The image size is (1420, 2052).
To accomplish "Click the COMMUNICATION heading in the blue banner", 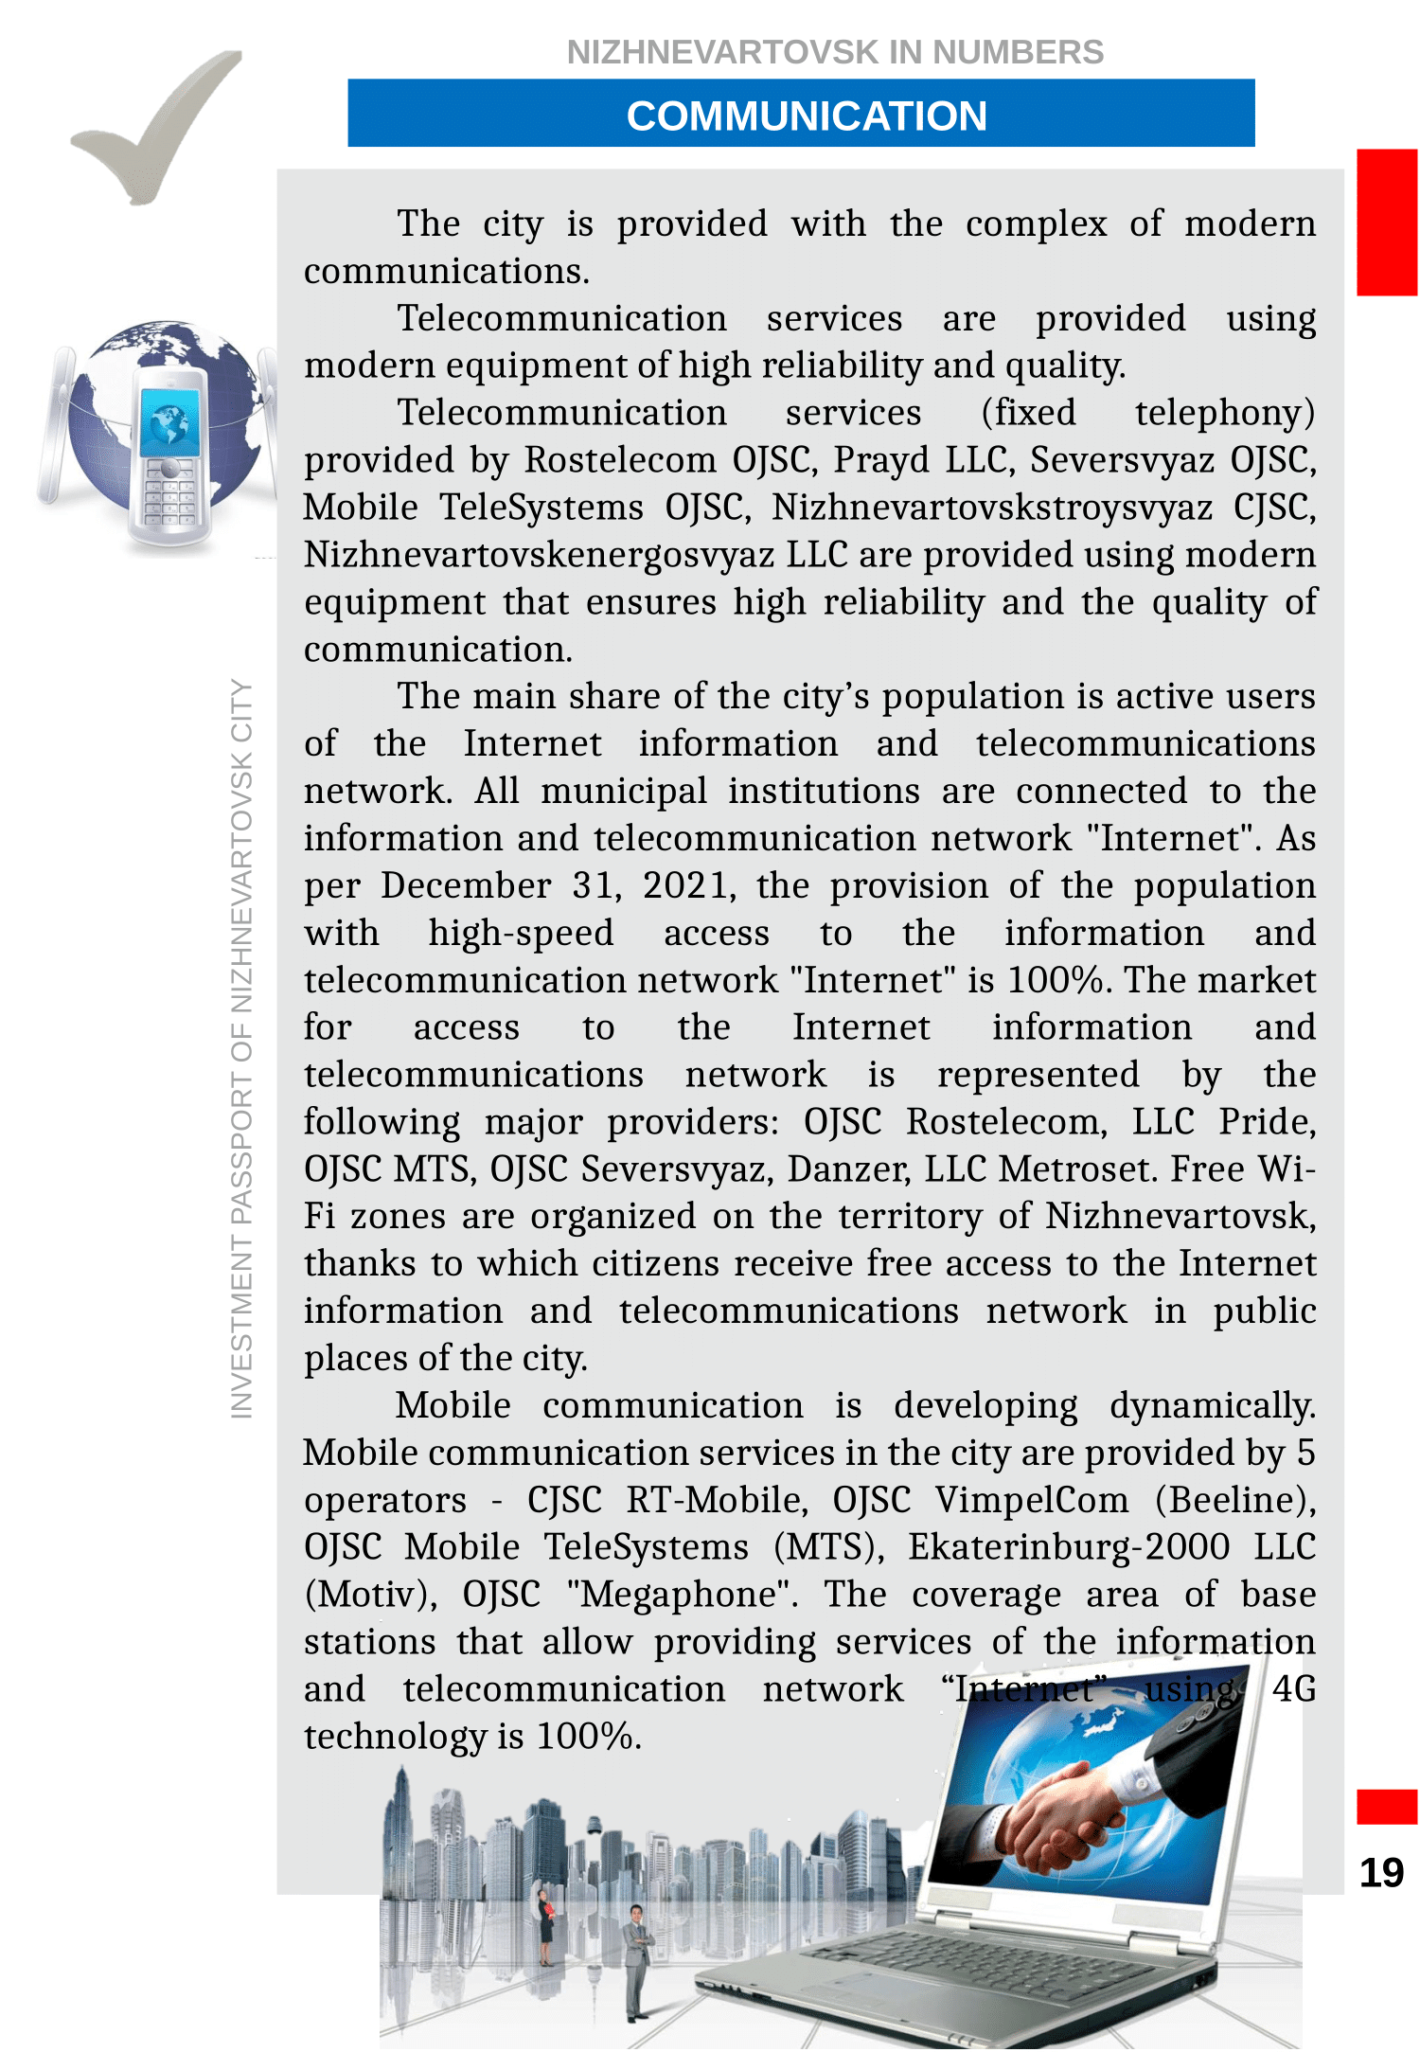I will coord(806,116).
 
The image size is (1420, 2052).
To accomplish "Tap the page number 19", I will coord(1381,1872).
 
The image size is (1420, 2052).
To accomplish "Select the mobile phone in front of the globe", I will coord(170,455).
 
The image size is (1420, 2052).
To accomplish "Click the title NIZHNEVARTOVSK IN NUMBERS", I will coord(834,52).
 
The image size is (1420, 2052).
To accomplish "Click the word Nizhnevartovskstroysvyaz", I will coord(991,508).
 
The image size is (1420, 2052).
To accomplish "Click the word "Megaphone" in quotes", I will coord(682,1595).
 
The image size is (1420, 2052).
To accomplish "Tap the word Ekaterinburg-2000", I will coord(1069,1547).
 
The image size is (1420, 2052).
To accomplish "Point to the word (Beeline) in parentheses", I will coord(1235,1500).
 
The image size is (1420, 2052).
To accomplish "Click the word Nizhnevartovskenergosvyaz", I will coord(539,555).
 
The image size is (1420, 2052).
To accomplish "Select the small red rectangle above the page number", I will coord(1386,1806).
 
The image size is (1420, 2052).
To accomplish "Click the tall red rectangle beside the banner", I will coord(1386,223).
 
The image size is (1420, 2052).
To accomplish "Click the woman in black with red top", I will coord(545,1926).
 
